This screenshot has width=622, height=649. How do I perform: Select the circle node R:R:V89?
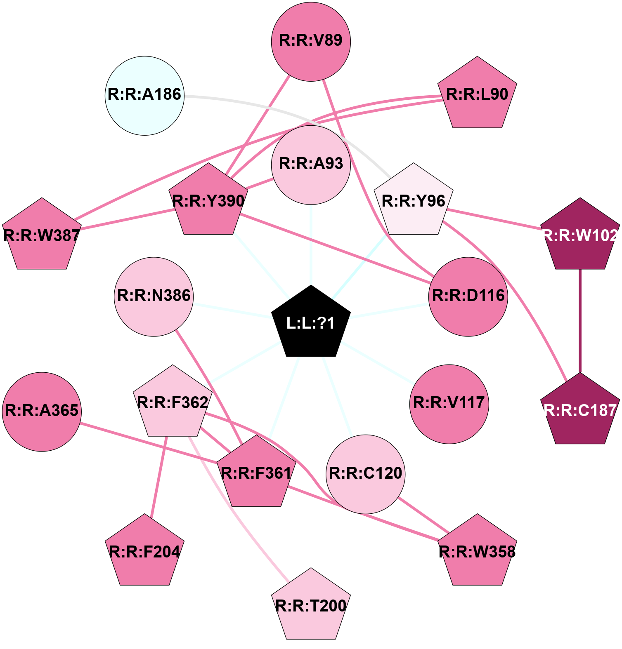311,42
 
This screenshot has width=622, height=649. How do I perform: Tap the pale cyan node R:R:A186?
144,95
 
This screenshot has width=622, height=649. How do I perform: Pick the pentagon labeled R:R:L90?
477,94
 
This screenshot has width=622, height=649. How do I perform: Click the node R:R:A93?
311,165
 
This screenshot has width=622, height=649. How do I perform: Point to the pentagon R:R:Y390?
208,201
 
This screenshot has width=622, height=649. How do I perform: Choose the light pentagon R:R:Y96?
414,201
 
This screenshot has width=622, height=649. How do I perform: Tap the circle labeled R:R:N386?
154,296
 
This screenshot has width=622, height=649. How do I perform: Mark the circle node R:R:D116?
468,296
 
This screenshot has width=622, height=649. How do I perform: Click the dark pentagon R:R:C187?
580,411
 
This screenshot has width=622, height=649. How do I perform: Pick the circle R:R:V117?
449,404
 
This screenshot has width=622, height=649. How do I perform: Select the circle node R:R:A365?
42,412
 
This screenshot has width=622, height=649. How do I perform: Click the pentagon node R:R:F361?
256,473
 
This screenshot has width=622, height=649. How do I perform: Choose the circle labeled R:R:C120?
365,474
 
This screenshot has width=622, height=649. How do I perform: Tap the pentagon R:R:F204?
144,552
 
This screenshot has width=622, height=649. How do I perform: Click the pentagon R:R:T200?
311,606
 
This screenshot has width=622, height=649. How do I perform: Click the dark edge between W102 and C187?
580,322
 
